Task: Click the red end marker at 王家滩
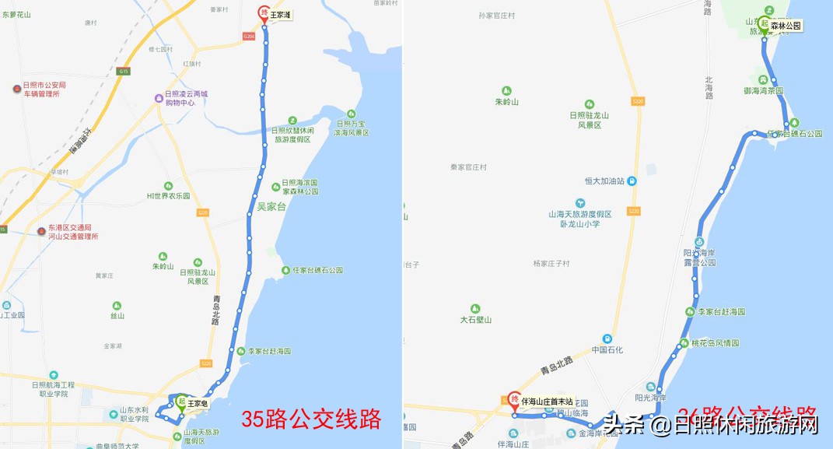tap(263, 13)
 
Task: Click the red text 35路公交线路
tap(311, 419)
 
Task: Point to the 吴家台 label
tap(271, 207)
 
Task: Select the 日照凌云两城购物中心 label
tap(186, 98)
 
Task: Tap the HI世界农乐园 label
tap(168, 195)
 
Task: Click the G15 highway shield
tap(124, 72)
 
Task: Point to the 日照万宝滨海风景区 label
tap(352, 128)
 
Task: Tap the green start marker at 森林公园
tap(765, 25)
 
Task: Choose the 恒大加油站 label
tap(606, 181)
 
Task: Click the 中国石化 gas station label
tap(607, 349)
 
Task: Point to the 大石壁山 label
tap(476, 319)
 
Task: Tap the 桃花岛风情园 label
tap(714, 343)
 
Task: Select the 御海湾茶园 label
tap(763, 90)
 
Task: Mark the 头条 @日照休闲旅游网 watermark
tap(711, 425)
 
